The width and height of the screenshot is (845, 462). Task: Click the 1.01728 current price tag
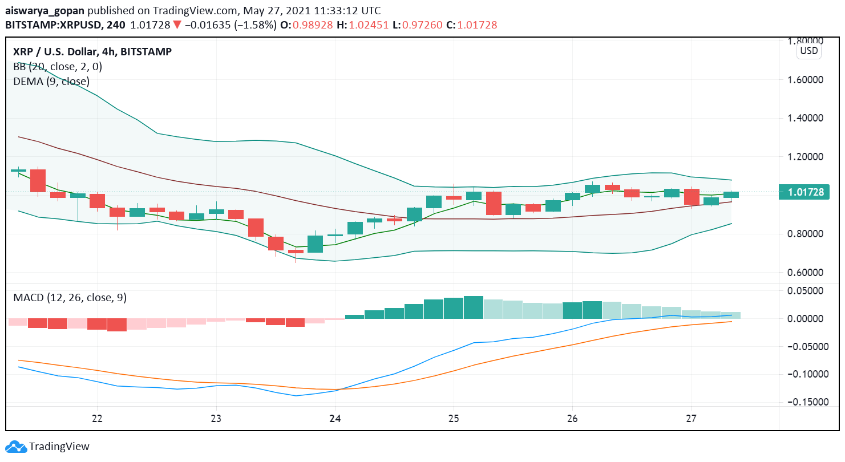click(806, 192)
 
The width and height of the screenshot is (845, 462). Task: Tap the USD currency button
click(808, 51)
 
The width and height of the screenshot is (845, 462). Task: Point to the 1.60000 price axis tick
click(806, 80)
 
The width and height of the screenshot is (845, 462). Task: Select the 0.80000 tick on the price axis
click(806, 234)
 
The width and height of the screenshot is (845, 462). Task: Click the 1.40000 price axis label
click(806, 118)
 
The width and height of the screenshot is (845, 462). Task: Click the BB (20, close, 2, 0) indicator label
click(58, 67)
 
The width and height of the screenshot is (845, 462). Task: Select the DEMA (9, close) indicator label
click(51, 82)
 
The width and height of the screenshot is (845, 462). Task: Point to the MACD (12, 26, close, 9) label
click(70, 298)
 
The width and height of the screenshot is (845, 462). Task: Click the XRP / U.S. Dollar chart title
click(92, 52)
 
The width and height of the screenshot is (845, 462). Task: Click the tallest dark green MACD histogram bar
click(474, 307)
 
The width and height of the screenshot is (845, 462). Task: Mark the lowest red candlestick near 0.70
click(296, 252)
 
